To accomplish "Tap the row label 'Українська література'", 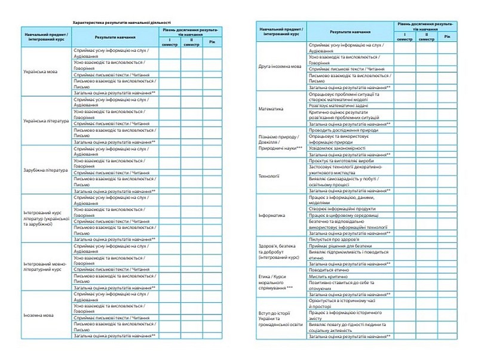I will tap(39, 121).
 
